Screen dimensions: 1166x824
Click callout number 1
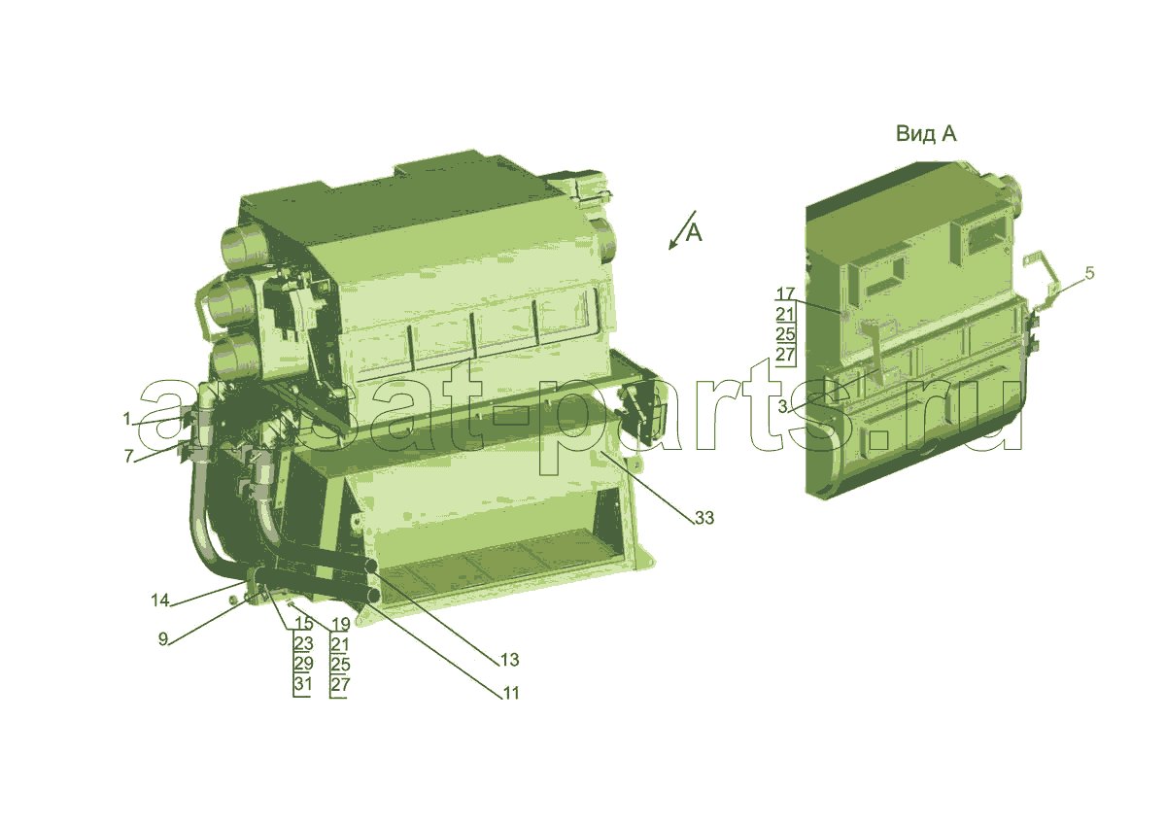[x=126, y=418]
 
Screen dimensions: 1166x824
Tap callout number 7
[x=128, y=456]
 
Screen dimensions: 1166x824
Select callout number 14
[x=160, y=601]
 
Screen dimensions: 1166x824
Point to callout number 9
[x=163, y=639]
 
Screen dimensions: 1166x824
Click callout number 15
[x=304, y=623]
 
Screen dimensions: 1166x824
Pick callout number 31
[x=303, y=683]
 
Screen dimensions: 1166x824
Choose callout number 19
[x=340, y=624]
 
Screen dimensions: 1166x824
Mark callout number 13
[x=509, y=660]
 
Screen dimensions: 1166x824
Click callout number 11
[x=511, y=693]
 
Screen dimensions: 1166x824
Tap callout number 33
[x=704, y=517]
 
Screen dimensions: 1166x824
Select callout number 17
[x=785, y=294]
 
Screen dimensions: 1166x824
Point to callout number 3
[x=783, y=406]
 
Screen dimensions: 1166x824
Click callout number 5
[x=1089, y=273]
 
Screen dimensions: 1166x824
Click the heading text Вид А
[x=926, y=134]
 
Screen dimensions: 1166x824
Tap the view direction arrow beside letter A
[x=682, y=230]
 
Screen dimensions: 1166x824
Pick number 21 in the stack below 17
[x=784, y=314]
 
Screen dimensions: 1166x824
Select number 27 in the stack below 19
[x=340, y=684]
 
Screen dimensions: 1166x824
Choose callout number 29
[x=303, y=663]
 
